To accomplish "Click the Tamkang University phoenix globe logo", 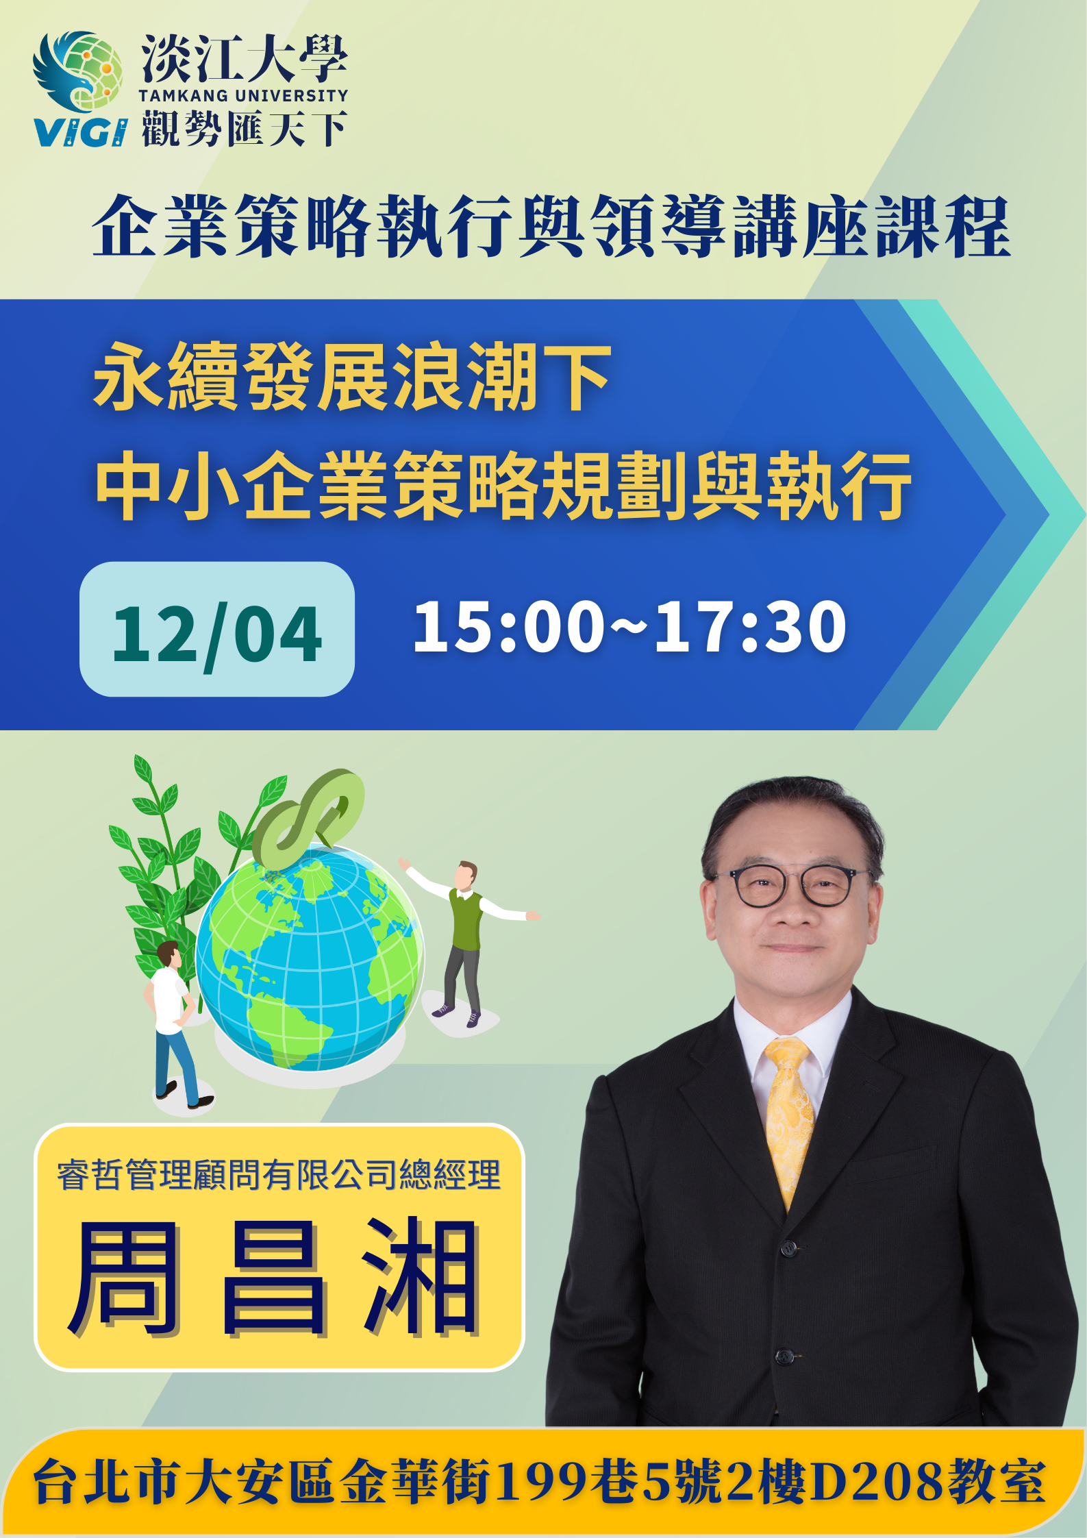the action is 78,71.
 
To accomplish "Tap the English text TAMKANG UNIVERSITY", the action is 244,96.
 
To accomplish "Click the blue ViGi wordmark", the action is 80,132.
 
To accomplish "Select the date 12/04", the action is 216,634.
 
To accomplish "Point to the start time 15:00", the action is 509,626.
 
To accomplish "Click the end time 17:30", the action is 751,626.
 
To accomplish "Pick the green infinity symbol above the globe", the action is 308,818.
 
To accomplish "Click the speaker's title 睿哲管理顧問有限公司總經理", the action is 279,1175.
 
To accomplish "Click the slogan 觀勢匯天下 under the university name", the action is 245,129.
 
